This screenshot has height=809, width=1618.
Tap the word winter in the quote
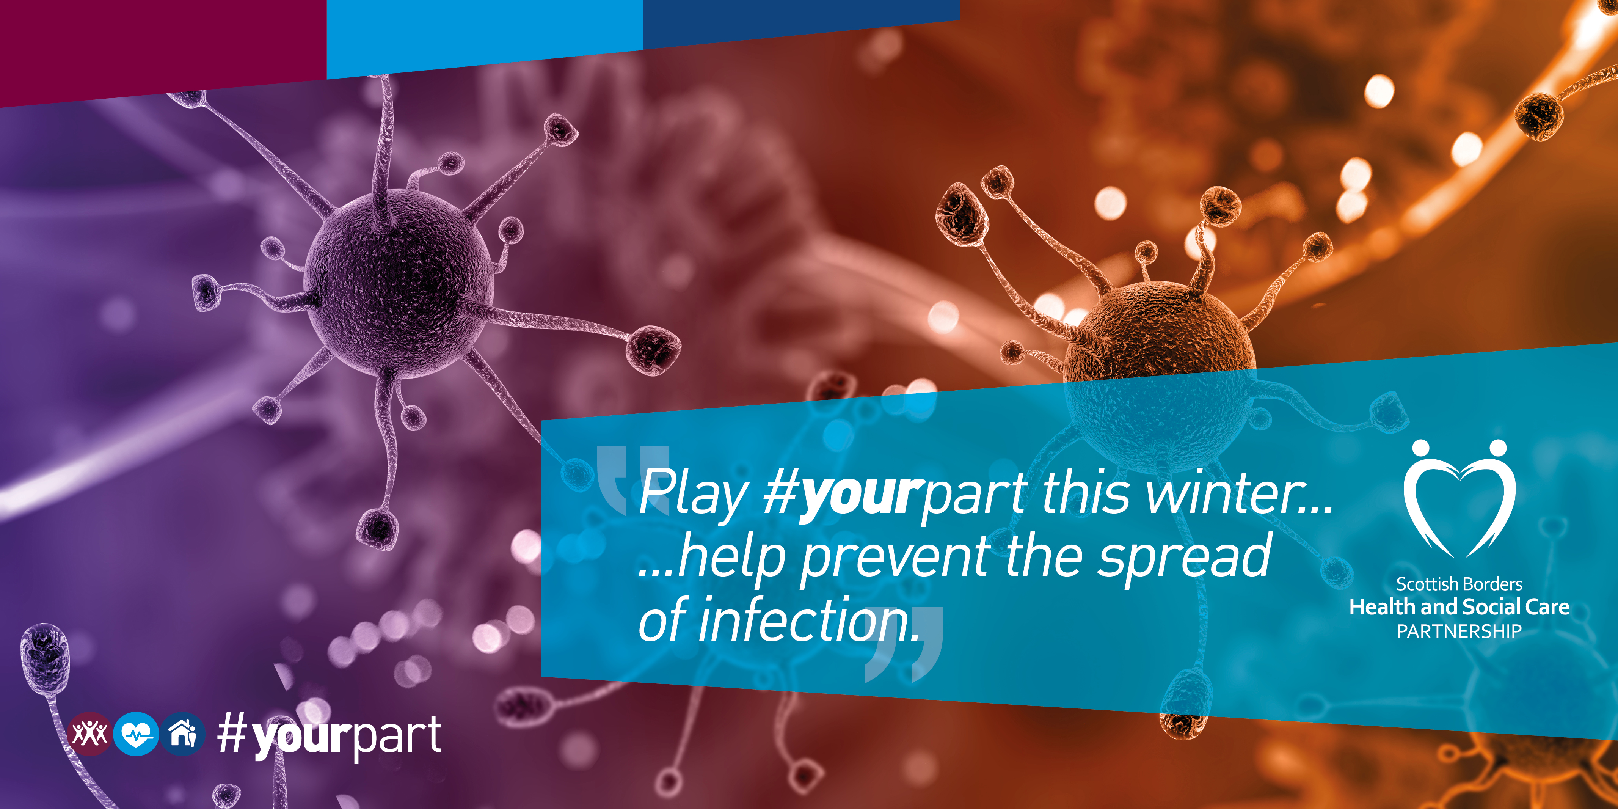pos(1228,493)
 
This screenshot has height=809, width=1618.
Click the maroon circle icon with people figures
pos(89,734)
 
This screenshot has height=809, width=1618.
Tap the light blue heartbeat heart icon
pos(136,734)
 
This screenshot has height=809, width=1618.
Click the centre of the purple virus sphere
pos(398,283)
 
